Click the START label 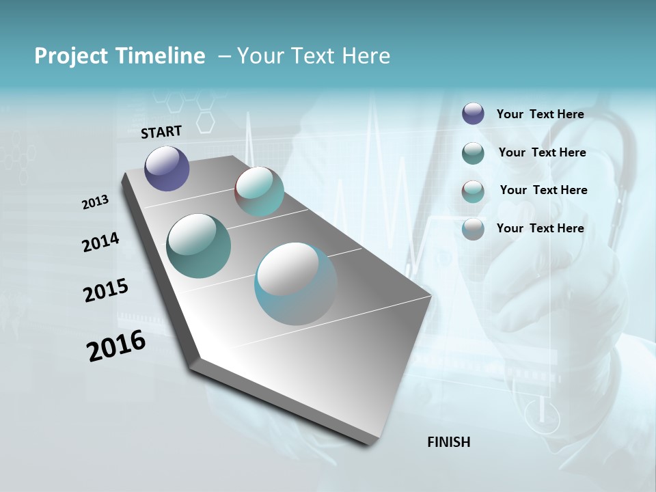[161, 132]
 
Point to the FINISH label [449, 442]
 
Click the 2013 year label [96, 202]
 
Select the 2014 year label [101, 242]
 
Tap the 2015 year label [106, 290]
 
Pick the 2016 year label [116, 346]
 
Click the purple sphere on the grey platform [167, 168]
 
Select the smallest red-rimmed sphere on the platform [259, 191]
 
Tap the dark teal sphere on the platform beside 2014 [198, 246]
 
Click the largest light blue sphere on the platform [295, 284]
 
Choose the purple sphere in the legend [473, 114]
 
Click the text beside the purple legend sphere [540, 114]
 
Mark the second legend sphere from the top [473, 153]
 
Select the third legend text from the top [543, 190]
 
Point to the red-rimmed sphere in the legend [473, 191]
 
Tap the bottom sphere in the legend [473, 229]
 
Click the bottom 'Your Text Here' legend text [540, 228]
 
